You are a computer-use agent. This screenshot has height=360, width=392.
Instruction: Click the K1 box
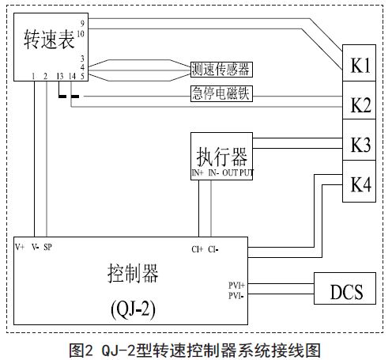(x=359, y=63)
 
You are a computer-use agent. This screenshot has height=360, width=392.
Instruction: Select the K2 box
(x=359, y=100)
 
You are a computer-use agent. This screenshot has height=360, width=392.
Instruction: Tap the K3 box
(x=359, y=139)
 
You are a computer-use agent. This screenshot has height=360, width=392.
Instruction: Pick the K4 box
(x=359, y=181)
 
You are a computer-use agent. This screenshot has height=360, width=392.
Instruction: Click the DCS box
(x=345, y=288)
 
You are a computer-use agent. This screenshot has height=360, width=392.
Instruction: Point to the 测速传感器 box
(x=221, y=70)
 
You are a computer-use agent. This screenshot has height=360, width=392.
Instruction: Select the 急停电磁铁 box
(x=221, y=93)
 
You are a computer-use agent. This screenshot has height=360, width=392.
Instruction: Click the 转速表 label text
(x=49, y=40)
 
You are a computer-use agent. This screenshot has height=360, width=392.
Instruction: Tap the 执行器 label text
(x=221, y=157)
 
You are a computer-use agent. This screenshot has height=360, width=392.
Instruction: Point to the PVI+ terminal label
(x=236, y=286)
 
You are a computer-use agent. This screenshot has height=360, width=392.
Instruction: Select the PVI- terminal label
(x=236, y=296)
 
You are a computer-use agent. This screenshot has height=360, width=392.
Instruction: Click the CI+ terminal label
(x=198, y=249)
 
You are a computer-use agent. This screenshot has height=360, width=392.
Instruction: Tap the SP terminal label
(x=47, y=247)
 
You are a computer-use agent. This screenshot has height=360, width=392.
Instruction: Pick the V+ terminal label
(x=20, y=247)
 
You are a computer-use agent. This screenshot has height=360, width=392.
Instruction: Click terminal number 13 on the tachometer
(x=60, y=76)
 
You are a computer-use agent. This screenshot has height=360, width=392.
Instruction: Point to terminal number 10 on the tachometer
(x=81, y=33)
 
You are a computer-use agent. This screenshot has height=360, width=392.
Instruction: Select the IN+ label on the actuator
(x=198, y=172)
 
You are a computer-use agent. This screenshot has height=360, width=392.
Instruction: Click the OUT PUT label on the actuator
(x=238, y=172)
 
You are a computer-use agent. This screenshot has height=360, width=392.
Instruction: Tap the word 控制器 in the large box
(x=133, y=274)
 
